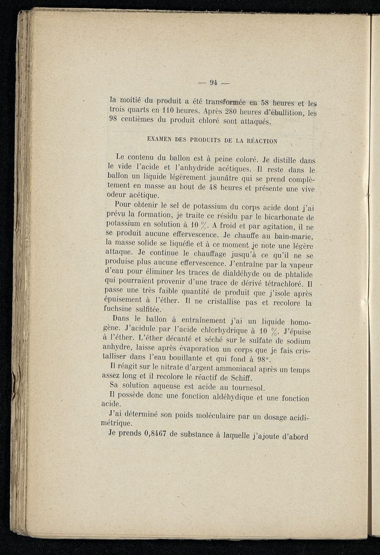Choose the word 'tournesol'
point(226,388)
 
